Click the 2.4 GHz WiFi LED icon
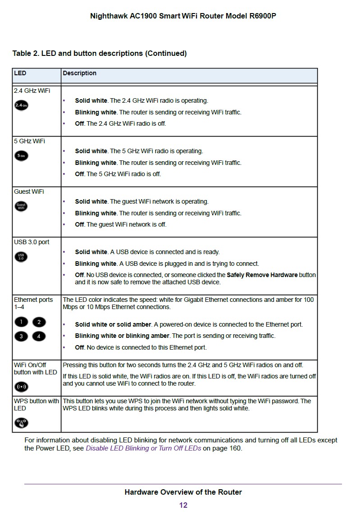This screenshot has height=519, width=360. tap(21, 105)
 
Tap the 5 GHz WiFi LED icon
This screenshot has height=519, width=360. tap(21, 156)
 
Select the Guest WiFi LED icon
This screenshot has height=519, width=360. tap(21, 206)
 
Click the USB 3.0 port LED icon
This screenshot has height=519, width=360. tap(21, 257)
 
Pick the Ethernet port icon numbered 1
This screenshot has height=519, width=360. tap(21, 322)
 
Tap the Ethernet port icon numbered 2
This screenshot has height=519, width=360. tap(39, 322)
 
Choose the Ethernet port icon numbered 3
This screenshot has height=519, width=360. tap(21, 336)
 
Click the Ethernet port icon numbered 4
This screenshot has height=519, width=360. tap(39, 336)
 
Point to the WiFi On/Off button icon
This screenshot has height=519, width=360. tap(21, 387)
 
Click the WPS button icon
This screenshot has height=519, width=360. tap(21, 423)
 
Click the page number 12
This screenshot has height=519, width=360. tap(183, 505)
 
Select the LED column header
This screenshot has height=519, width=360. tap(20, 73)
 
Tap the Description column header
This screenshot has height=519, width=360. tap(80, 73)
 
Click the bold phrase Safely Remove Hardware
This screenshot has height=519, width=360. tap(262, 275)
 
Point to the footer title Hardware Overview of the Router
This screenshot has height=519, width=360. tap(183, 492)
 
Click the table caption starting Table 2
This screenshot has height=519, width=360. tap(100, 53)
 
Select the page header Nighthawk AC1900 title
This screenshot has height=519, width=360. tap(183, 16)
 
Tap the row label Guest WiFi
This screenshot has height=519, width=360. tap(29, 191)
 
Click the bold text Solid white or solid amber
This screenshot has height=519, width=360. tap(114, 324)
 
